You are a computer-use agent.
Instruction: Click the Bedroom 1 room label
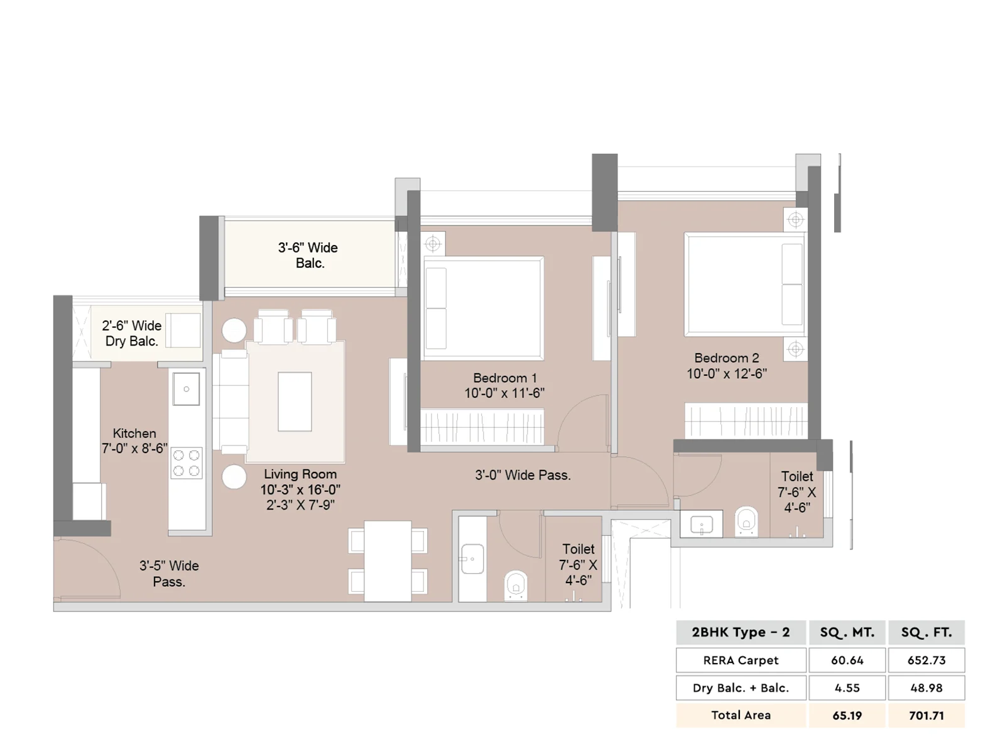point(504,378)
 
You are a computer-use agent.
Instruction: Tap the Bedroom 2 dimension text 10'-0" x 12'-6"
point(726,374)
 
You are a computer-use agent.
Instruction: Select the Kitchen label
point(134,433)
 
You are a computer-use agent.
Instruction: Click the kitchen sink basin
point(186,389)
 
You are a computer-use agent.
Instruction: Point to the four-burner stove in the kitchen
point(186,463)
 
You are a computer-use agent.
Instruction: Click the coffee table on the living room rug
point(295,402)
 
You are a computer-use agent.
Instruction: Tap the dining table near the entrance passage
point(388,561)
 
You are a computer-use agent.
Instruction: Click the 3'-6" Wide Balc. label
point(308,255)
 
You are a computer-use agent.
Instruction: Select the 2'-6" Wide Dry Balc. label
point(131,333)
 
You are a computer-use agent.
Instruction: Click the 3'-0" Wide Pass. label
point(523,475)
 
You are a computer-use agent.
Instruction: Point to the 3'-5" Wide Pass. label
point(169,574)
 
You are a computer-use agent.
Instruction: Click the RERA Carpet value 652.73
point(926,660)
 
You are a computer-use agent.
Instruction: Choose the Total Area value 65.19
point(847,715)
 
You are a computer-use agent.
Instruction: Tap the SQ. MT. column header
point(847,632)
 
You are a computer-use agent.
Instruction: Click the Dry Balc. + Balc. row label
point(741,687)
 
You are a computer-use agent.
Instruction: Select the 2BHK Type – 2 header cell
point(741,632)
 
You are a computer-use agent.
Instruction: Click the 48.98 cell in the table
point(926,687)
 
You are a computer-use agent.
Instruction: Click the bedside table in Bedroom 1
point(433,244)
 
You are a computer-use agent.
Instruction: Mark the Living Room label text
point(300,474)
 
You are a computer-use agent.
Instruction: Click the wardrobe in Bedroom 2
point(746,420)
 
